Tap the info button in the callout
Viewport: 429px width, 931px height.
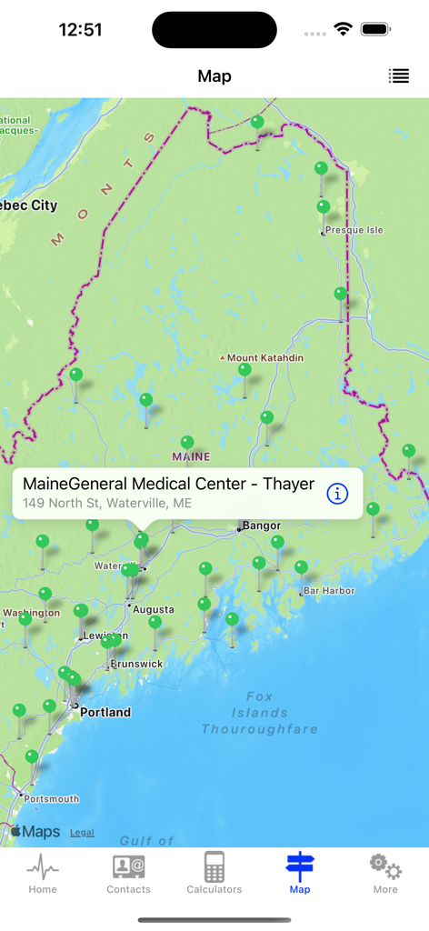point(337,494)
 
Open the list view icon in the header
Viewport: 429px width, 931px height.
point(399,76)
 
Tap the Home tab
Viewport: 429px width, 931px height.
point(43,875)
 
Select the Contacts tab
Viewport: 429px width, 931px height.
point(128,875)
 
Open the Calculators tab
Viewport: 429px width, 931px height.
point(214,875)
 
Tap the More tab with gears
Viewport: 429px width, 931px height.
point(385,875)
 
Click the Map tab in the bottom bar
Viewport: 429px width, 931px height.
point(300,875)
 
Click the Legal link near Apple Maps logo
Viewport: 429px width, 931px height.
point(82,832)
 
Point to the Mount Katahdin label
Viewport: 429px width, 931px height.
point(264,358)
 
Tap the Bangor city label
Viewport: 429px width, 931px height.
point(262,526)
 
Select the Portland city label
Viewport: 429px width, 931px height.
point(105,713)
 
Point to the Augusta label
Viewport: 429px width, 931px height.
point(154,609)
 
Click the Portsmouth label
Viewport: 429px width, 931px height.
point(52,799)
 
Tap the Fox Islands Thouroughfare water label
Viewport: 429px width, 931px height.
point(260,713)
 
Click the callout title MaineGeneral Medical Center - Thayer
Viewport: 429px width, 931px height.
point(169,484)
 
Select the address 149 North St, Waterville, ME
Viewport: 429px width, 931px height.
point(107,503)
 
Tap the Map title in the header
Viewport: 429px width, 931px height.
point(214,76)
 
